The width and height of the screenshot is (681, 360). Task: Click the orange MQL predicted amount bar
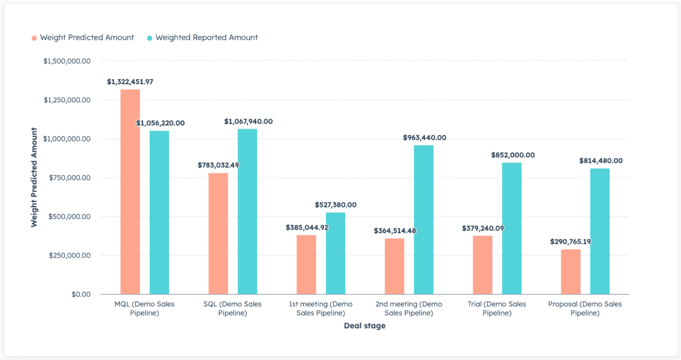pos(130,192)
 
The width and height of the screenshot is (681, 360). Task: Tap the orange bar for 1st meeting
pos(306,265)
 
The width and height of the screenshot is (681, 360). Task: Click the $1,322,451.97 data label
pos(130,81)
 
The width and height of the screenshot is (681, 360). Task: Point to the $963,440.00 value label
pos(424,137)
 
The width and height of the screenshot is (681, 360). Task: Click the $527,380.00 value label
pos(335,204)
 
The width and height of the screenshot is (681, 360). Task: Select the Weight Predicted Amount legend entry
pos(83,38)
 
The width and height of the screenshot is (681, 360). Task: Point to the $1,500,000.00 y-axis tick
pos(66,61)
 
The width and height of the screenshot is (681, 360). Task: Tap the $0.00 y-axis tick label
pos(80,294)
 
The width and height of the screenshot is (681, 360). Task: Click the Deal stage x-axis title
pos(365,326)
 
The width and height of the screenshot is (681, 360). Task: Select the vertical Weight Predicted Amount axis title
pos(34,177)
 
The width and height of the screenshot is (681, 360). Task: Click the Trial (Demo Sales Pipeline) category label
pos(496,308)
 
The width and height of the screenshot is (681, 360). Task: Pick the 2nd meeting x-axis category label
pos(409,308)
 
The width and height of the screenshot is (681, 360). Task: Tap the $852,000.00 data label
pos(513,155)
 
